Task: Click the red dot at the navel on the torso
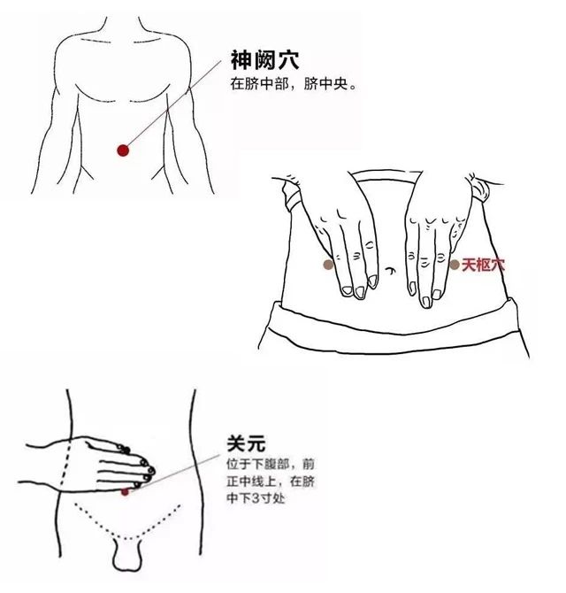(123, 150)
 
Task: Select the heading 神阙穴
(264, 61)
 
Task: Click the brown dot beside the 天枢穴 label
(455, 264)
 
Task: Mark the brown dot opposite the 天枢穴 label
(328, 264)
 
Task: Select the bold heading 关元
(245, 444)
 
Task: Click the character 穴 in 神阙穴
(287, 61)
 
